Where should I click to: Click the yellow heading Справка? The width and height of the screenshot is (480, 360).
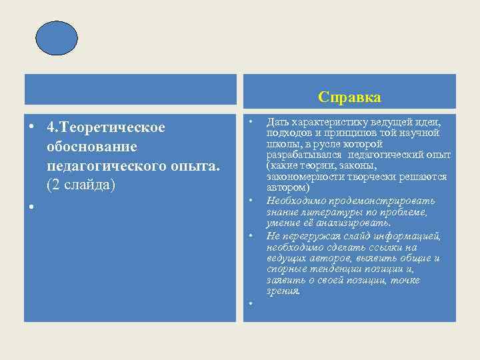pyautogui.click(x=349, y=97)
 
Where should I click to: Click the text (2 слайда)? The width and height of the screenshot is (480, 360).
pyautogui.click(x=81, y=183)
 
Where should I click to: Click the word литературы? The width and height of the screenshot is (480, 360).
pyautogui.click(x=326, y=212)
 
